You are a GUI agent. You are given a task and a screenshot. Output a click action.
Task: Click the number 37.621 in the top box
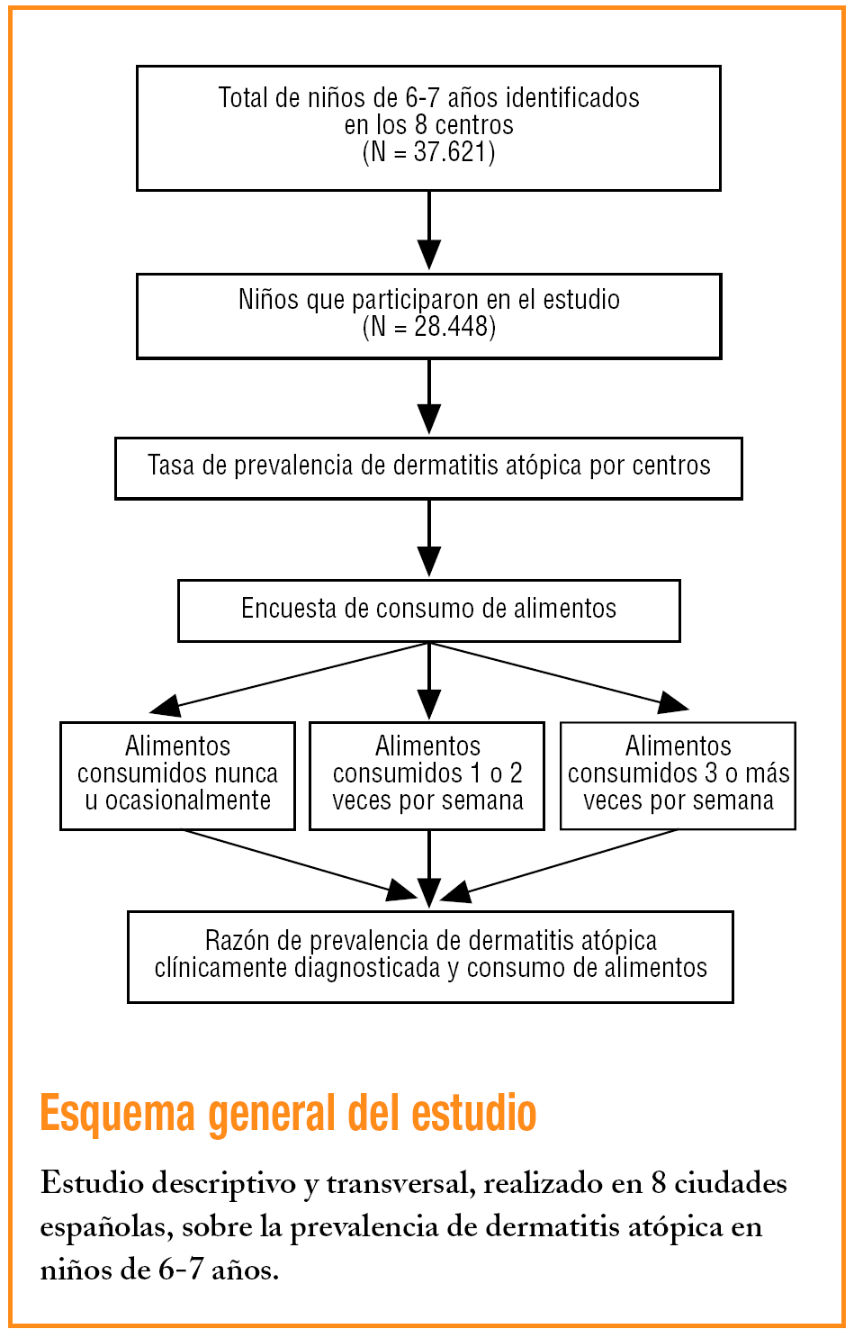click(452, 151)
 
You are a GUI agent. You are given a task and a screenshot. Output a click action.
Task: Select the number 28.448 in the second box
click(453, 326)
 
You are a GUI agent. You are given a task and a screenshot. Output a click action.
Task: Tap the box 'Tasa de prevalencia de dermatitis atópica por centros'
click(428, 467)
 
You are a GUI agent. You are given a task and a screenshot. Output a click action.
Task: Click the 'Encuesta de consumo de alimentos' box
click(428, 610)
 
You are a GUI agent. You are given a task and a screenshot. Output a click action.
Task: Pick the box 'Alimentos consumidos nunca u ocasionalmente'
click(177, 774)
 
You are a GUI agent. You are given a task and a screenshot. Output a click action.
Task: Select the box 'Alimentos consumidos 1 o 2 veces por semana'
click(427, 774)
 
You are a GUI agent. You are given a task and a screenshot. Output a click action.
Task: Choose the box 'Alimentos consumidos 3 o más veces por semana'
click(678, 774)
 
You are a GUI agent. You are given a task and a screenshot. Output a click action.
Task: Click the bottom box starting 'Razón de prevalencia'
click(430, 955)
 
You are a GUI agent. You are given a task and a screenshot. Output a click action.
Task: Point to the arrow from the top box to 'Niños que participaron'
click(429, 231)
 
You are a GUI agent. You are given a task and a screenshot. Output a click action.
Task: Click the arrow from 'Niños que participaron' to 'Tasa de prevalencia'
click(429, 397)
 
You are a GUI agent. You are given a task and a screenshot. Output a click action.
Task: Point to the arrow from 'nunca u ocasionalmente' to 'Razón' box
click(297, 863)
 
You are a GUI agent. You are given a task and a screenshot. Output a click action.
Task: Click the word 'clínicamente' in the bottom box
click(220, 969)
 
